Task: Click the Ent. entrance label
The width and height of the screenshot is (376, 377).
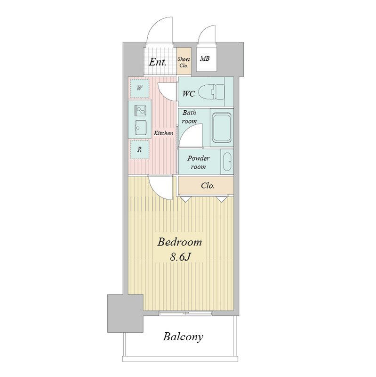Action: [158, 62]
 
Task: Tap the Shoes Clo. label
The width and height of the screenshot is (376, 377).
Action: [184, 62]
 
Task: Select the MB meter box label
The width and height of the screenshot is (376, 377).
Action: [205, 58]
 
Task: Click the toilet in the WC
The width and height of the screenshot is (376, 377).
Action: [212, 92]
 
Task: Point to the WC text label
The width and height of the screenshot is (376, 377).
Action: [189, 93]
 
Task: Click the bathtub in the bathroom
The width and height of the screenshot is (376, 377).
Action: [222, 128]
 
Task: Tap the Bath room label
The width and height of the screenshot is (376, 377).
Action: [189, 116]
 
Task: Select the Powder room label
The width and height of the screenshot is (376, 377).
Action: [198, 162]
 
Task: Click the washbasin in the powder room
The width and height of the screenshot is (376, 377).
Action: [227, 161]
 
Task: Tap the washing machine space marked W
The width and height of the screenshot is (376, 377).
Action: [139, 88]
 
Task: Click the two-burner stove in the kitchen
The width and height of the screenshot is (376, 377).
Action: [140, 111]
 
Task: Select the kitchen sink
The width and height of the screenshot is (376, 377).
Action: [140, 128]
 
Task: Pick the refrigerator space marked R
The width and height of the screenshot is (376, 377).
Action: [139, 149]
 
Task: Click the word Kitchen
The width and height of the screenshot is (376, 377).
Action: [163, 133]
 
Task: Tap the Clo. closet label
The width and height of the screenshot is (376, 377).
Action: [208, 186]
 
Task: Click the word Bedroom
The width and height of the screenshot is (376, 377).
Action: [180, 242]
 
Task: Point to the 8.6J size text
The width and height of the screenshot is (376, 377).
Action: [180, 257]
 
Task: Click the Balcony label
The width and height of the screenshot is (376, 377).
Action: [183, 337]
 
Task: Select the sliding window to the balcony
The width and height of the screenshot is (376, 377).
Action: [185, 313]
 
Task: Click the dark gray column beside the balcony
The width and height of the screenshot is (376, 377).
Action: [125, 313]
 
